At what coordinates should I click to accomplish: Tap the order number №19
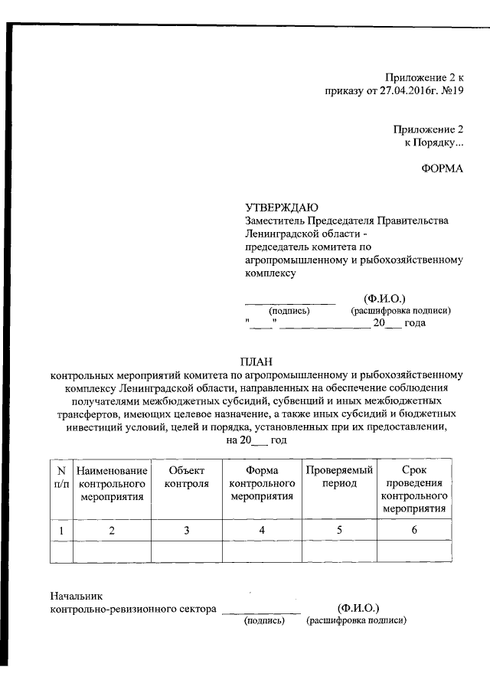click(x=452, y=90)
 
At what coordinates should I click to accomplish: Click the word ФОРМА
click(x=442, y=168)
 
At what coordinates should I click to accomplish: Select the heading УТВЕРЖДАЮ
click(x=276, y=208)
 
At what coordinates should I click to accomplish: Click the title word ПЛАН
click(x=256, y=361)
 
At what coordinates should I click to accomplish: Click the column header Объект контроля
click(x=187, y=477)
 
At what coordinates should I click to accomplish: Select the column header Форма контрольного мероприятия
click(x=262, y=484)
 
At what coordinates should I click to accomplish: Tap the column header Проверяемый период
click(x=338, y=477)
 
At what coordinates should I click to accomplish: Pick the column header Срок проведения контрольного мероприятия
click(x=414, y=490)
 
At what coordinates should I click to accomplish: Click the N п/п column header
click(x=61, y=477)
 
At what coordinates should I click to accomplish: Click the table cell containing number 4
click(x=262, y=531)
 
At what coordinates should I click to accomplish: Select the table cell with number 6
click(x=414, y=531)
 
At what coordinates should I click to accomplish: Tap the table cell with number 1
click(x=61, y=531)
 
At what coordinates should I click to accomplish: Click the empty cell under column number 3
click(x=187, y=551)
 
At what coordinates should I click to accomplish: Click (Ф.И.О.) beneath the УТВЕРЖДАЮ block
click(x=384, y=298)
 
